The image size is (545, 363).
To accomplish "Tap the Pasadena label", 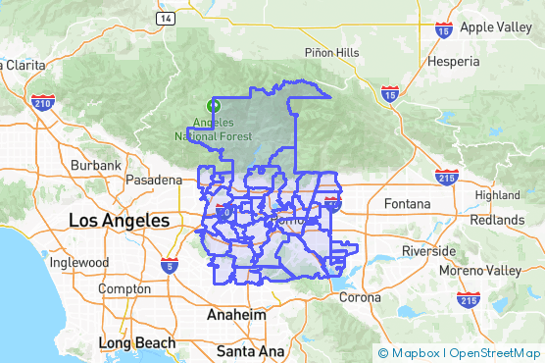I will tap(154, 181).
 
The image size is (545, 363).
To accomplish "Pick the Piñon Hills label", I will tap(331, 52).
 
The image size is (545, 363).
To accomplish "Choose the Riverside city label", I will tap(428, 250).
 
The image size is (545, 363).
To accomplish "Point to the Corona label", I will tap(360, 297).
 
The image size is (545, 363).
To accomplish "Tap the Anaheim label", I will tap(236, 315).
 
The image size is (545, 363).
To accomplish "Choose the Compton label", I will tap(124, 289).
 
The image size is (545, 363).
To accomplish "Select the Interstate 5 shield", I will tap(171, 266).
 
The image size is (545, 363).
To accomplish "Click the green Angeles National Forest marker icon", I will tap(213, 105).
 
